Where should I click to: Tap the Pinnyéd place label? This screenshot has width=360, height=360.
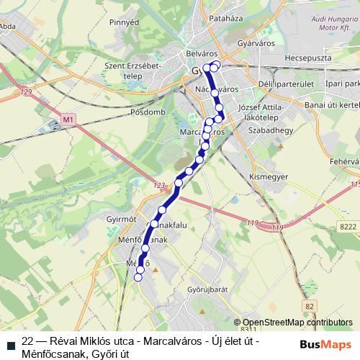click(x=124, y=23)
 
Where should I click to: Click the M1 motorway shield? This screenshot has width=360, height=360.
click(x=68, y=119)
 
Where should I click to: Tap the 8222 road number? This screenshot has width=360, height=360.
click(x=348, y=227)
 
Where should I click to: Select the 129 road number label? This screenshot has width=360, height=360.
click(x=27, y=92)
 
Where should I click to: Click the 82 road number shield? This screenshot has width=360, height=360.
click(x=310, y=307)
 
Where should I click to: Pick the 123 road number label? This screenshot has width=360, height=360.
click(x=159, y=186)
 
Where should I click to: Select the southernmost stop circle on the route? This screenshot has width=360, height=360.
click(x=138, y=277)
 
